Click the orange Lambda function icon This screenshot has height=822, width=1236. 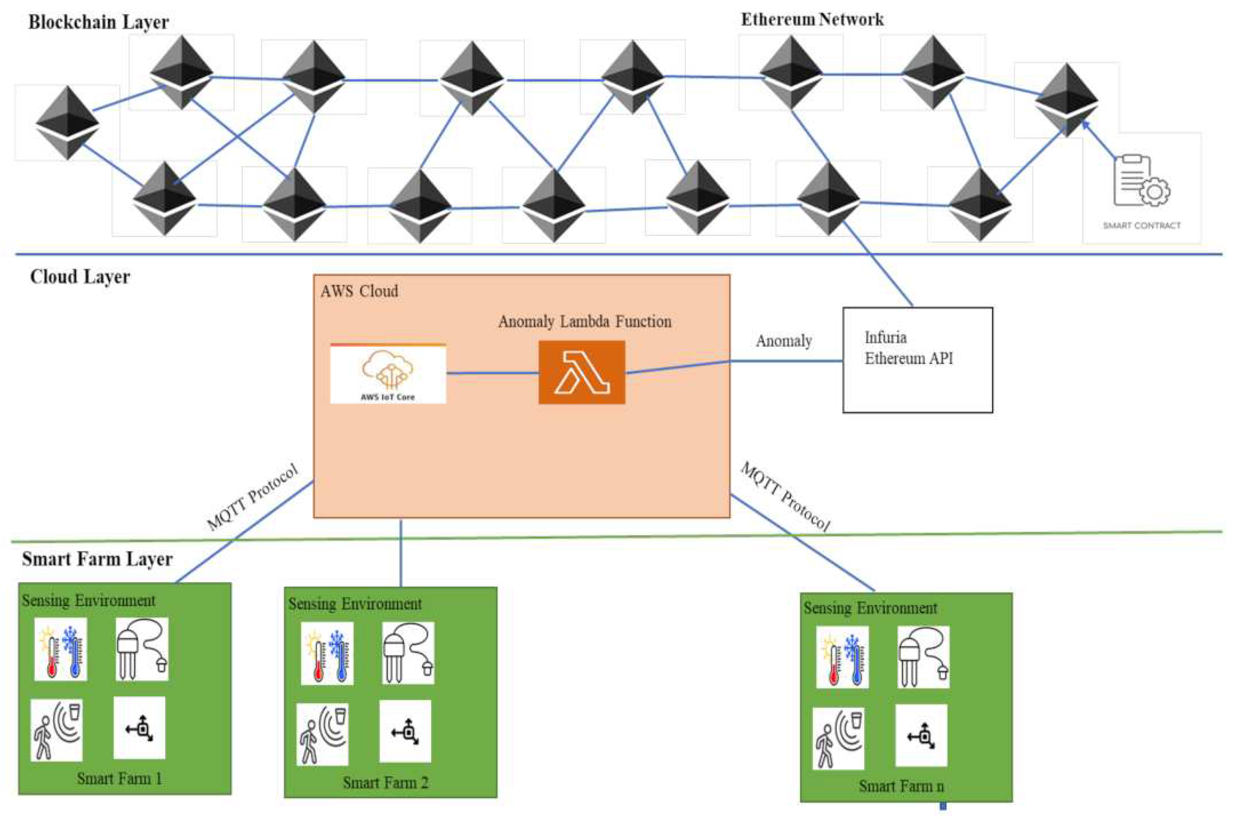[581, 372]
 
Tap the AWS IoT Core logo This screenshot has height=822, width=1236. [388, 374]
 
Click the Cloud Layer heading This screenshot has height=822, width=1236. [80, 276]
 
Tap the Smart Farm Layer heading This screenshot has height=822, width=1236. [97, 559]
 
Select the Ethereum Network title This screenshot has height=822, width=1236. [812, 19]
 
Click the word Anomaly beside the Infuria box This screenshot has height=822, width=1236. [784, 341]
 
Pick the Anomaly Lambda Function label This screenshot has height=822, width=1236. [584, 321]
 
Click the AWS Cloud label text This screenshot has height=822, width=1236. [359, 291]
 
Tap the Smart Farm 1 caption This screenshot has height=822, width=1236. [120, 779]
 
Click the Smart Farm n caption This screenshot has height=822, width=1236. [901, 786]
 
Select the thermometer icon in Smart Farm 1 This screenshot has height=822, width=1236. [61, 649]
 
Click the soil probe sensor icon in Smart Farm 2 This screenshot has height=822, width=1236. [408, 653]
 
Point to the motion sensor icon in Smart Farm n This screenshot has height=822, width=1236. [838, 738]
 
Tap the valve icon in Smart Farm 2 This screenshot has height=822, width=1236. [405, 731]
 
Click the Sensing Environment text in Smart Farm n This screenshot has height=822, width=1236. [870, 608]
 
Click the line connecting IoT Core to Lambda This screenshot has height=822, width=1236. [492, 373]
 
